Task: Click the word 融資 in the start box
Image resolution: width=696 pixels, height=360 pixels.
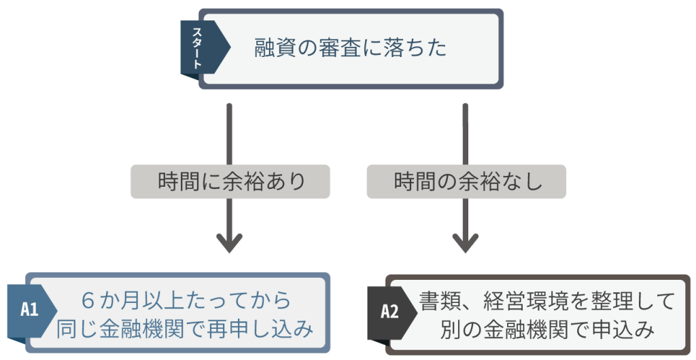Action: (271, 48)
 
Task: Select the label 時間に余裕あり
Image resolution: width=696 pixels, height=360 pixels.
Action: (231, 182)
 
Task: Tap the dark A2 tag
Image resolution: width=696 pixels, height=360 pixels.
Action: (389, 312)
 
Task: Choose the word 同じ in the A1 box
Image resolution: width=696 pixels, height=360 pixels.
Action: (73, 329)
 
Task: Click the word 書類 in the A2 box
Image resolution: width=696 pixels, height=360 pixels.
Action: (436, 300)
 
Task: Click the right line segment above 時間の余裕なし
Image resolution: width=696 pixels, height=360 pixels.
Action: (466, 132)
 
